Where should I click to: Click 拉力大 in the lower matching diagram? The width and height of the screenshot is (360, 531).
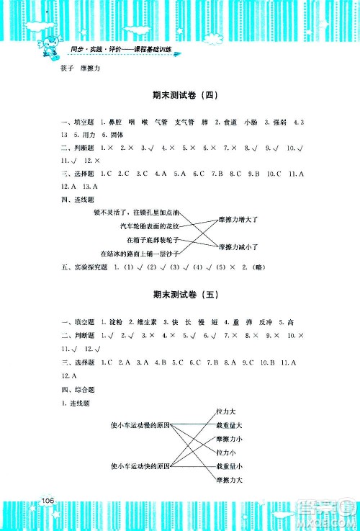pyautogui.click(x=226, y=411)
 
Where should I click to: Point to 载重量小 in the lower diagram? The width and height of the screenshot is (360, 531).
pyautogui.click(x=229, y=466)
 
